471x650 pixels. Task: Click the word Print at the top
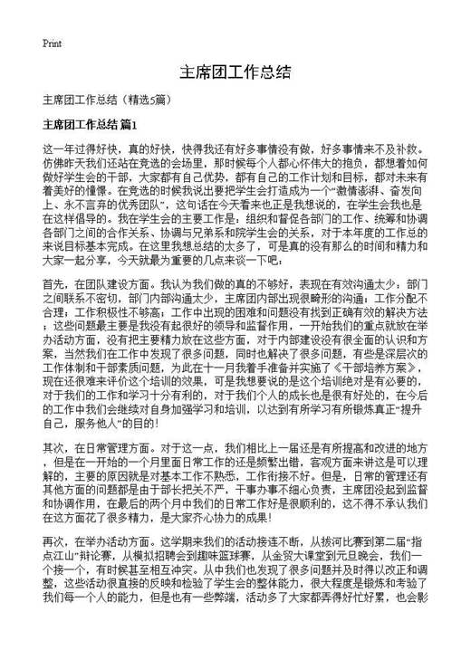tap(53, 43)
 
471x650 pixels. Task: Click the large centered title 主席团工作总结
tap(235, 72)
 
